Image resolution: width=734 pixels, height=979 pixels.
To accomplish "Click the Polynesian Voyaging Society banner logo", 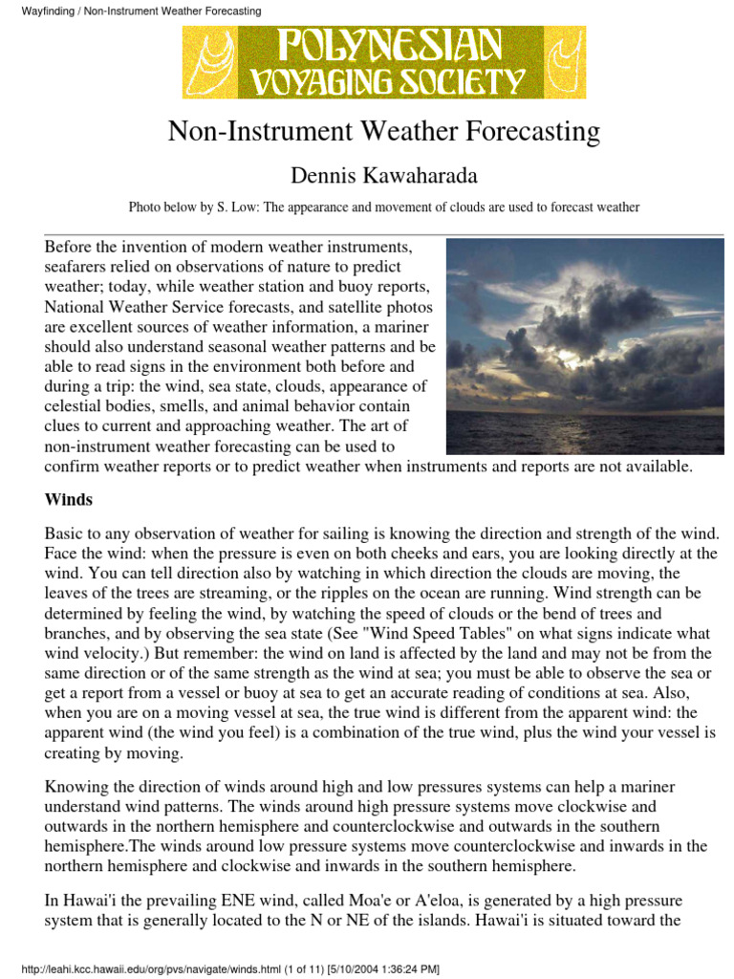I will coord(384,61).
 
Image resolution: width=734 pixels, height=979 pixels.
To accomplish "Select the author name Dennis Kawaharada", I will coord(383,176).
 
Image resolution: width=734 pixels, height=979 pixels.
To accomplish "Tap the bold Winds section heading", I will coord(69,499).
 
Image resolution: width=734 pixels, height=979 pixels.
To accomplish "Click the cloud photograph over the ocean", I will coord(585,346).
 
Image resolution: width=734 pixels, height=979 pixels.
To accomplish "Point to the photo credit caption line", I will coord(383,207).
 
